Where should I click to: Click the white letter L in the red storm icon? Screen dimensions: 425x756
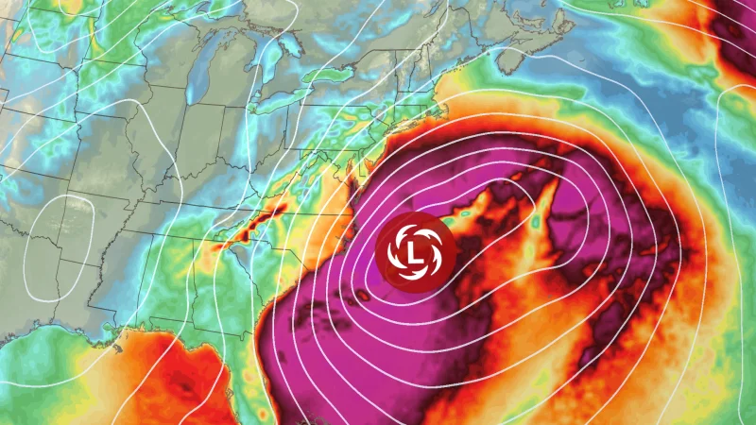click(x=416, y=251)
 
